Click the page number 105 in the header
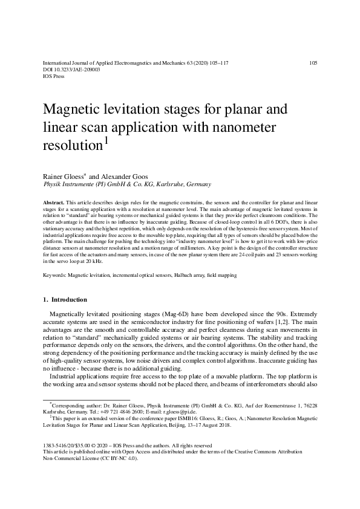pyautogui.click(x=313, y=63)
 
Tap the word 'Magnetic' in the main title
pyautogui.click(x=71, y=111)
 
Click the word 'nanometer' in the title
pyautogui.click(x=243, y=128)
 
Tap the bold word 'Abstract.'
pyautogui.click(x=55, y=200)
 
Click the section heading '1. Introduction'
pyautogui.click(x=65, y=299)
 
